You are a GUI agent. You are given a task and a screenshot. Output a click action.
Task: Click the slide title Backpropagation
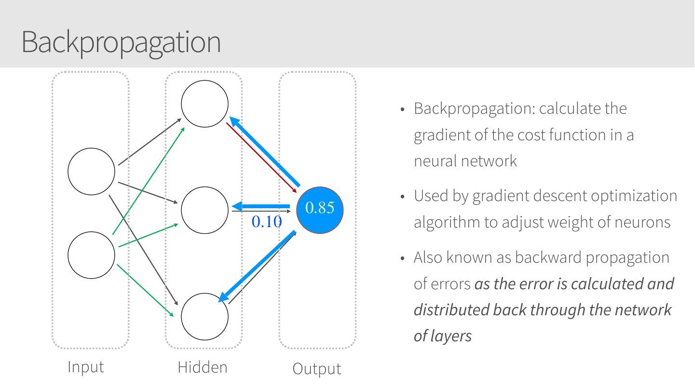coord(121,42)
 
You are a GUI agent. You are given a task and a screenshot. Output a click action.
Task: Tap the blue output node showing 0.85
coord(319,209)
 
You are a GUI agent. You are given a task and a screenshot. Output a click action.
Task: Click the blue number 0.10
coord(266,221)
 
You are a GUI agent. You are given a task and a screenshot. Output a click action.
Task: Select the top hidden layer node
coord(204,104)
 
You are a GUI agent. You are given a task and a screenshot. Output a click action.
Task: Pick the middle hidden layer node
coord(204,210)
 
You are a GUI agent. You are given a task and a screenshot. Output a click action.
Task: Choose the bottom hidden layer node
coord(204,317)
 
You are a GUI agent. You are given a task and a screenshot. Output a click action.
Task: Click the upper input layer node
coord(91,171)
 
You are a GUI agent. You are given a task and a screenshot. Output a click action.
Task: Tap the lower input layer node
coord(91,255)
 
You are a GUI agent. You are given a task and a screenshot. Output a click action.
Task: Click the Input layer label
coord(85,367)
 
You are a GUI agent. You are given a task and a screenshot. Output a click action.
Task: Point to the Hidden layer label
coord(202,367)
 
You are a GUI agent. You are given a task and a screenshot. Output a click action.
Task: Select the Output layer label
coord(316,369)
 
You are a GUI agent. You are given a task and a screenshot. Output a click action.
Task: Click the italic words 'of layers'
coord(442,336)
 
